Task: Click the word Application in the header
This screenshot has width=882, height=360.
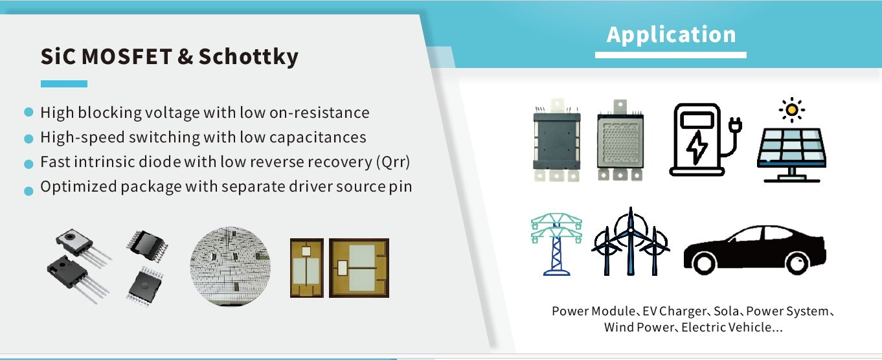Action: click(671, 35)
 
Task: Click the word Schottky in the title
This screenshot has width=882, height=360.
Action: click(249, 57)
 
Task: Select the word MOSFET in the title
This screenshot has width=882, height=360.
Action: click(126, 56)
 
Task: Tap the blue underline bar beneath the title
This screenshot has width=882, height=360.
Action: click(64, 84)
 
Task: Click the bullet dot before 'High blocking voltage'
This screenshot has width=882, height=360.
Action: click(28, 112)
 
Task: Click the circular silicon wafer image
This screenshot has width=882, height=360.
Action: click(231, 266)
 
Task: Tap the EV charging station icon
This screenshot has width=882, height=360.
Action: click(705, 140)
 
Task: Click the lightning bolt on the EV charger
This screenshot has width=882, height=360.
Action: click(697, 147)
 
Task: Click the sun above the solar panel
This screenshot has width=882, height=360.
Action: click(792, 109)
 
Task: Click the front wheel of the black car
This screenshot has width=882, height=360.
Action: click(797, 263)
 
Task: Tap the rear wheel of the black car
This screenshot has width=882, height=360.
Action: click(704, 263)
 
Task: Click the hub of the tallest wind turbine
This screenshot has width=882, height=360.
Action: click(630, 230)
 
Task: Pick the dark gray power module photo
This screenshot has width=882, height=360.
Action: click(556, 141)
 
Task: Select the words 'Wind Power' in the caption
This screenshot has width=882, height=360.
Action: click(639, 328)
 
